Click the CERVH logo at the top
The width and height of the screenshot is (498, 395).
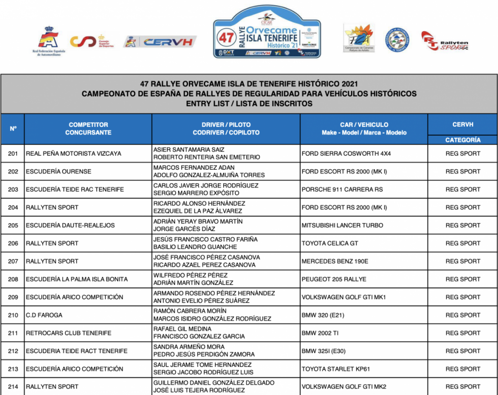coord(160,42)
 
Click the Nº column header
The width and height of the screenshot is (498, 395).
coord(13,129)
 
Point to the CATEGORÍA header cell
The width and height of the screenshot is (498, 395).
coord(462,140)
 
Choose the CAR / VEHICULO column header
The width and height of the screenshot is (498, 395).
coord(364,128)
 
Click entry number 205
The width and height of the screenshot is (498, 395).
coord(13,225)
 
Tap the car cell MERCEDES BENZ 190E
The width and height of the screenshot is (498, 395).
coord(335,261)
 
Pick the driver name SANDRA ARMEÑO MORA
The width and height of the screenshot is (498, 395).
coord(189,347)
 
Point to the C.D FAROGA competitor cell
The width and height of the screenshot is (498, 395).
coord(44,315)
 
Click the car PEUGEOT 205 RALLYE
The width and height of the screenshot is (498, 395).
coord(334,279)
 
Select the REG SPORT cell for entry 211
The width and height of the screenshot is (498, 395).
coord(462,333)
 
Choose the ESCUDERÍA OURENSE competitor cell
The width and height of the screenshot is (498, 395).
coord(58,171)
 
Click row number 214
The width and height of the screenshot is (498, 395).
coord(13,387)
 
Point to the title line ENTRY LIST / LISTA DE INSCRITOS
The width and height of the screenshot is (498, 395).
coord(249,104)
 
